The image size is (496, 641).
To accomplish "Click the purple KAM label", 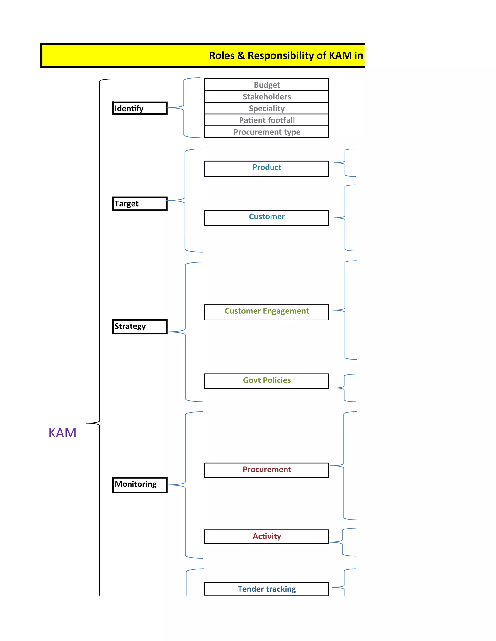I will (x=62, y=433).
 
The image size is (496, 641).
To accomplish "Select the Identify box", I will (x=140, y=108).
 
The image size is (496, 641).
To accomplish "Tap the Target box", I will (x=140, y=204).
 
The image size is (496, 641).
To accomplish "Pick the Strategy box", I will (x=140, y=326).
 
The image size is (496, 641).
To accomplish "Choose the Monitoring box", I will (x=140, y=484).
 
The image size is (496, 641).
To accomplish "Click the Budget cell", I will (x=266, y=85).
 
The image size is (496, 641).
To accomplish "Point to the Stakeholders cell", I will (x=266, y=97).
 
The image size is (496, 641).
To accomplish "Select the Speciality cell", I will (x=266, y=108).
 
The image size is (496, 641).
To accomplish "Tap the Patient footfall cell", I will (x=266, y=120).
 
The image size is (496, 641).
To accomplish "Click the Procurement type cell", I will (x=266, y=132).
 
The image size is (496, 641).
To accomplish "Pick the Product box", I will (x=266, y=168).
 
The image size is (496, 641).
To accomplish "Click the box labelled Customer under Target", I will (x=266, y=217).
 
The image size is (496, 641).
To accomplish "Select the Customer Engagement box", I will (x=266, y=312).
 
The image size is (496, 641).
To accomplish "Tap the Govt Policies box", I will (x=266, y=381).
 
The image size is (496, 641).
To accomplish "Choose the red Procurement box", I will (x=266, y=470).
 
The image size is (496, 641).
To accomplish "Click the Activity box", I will (x=266, y=537).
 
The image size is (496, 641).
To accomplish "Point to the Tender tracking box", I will (x=266, y=589).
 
